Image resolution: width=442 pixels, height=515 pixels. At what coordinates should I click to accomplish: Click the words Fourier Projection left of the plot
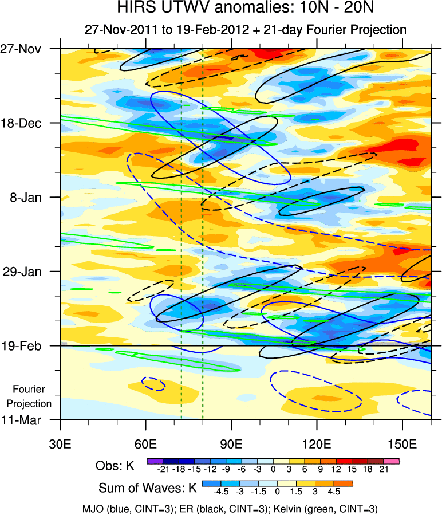click(x=32, y=396)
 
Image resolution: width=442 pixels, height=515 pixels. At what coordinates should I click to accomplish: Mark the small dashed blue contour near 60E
click(x=153, y=384)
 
